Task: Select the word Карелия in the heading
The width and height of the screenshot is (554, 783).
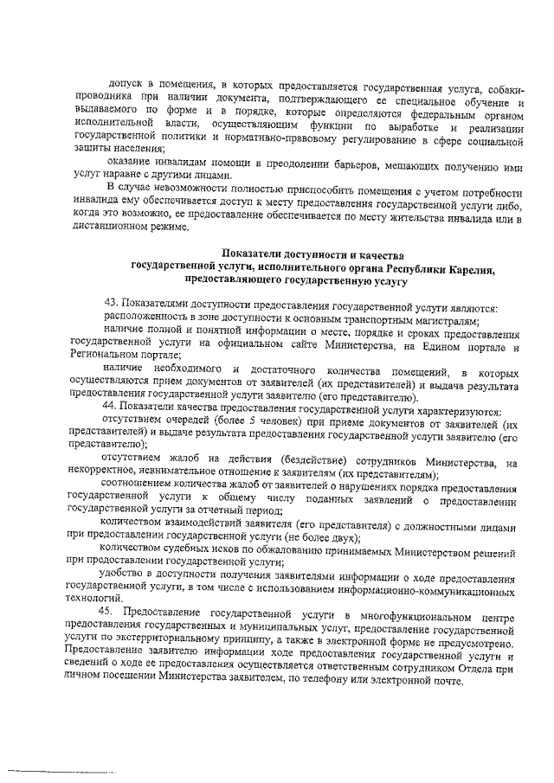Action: (x=465, y=268)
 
